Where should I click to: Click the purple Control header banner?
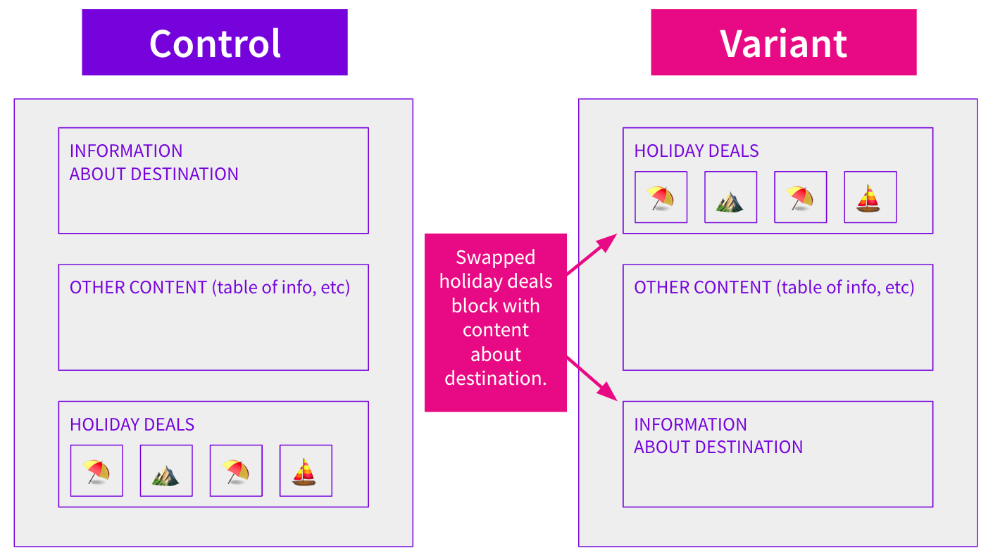pos(215,42)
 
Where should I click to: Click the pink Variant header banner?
pos(783,42)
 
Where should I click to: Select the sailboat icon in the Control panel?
pos(306,471)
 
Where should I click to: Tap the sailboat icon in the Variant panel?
pos(870,197)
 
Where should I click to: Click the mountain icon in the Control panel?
pos(166,471)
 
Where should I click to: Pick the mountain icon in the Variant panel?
pos(730,197)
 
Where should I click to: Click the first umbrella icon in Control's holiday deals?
pos(96,471)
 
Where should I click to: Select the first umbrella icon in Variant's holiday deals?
pos(661,197)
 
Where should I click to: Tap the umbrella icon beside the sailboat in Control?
pos(236,471)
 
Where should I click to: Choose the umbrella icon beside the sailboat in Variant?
pos(800,197)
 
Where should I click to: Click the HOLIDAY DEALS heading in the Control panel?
pos(132,425)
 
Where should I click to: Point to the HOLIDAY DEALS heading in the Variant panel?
pos(696,151)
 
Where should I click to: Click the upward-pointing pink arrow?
pos(592,255)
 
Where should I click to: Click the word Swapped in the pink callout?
pos(495,257)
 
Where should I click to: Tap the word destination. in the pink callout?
pos(495,378)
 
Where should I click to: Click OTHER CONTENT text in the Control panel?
pos(137,288)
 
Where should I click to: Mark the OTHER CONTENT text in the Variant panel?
pos(702,288)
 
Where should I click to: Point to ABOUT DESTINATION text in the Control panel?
pos(154,174)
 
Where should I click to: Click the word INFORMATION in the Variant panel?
pos(690,425)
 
